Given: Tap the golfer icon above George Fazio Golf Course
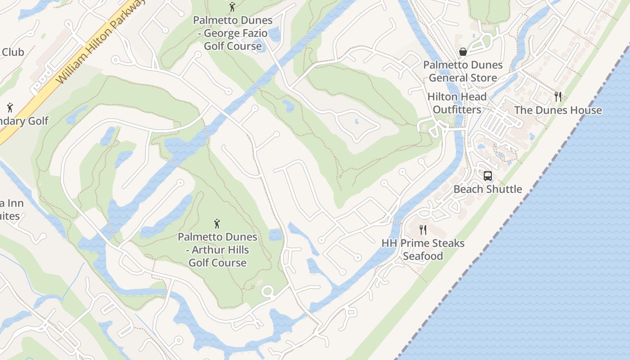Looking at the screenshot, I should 232,7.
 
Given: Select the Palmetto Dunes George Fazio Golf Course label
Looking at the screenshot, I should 233,33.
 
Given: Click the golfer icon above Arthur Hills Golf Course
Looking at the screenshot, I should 217,223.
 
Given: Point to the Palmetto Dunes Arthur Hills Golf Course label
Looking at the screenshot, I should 217,250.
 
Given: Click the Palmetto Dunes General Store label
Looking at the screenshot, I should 463,71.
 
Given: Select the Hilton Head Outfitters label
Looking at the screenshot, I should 457,103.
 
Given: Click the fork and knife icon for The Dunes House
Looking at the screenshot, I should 558,96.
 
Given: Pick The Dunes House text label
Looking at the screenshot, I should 558,110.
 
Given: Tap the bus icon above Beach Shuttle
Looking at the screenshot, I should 488,175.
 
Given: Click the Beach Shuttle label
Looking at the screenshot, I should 488,189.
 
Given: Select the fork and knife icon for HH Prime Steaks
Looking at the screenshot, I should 423,230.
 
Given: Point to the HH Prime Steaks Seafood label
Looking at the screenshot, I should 423,250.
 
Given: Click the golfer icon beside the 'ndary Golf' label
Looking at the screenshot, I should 10,108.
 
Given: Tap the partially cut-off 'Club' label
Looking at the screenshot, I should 13,52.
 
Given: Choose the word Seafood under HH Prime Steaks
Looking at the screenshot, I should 423,256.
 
